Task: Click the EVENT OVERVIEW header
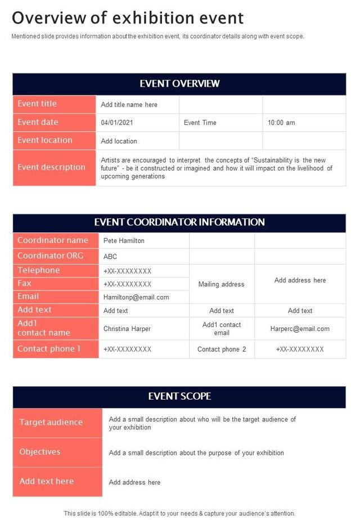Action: point(179,84)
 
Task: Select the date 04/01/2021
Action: point(117,123)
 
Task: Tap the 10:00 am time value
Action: point(281,123)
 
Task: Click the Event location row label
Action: point(45,140)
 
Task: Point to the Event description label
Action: point(51,167)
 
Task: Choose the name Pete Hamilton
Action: point(124,241)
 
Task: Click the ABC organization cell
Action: point(110,257)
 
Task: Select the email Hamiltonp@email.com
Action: point(136,297)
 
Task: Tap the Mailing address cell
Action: point(221,284)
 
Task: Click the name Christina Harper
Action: point(127,329)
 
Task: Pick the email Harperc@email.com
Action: point(300,329)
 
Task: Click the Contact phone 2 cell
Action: point(222,349)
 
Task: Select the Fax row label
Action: point(25,284)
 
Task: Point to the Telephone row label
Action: point(38,271)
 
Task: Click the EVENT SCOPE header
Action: point(179,396)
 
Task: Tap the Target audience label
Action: point(51,422)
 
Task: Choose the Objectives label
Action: point(40,452)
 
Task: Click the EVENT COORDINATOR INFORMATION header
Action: point(179,222)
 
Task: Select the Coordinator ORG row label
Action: point(50,256)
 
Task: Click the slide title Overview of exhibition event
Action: point(128,18)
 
